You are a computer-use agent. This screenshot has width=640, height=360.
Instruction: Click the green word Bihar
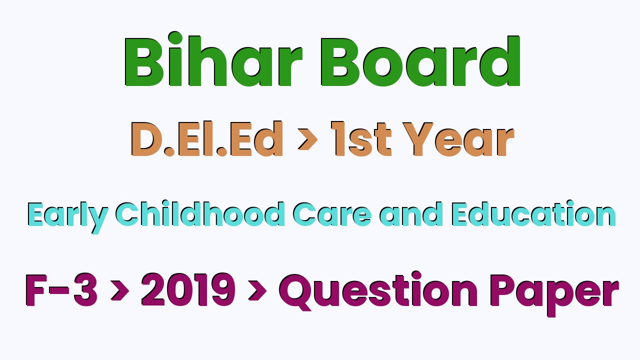pyautogui.click(x=213, y=59)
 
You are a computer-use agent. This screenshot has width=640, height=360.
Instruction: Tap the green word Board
pyautogui.click(x=420, y=61)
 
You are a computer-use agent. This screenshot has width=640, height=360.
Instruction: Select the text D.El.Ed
pyautogui.click(x=207, y=139)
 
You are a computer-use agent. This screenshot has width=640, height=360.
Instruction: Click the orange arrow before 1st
pyautogui.click(x=307, y=139)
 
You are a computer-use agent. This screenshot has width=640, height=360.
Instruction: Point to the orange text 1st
pyautogui.click(x=361, y=139)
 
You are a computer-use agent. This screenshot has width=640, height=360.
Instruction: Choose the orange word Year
pyautogui.click(x=458, y=139)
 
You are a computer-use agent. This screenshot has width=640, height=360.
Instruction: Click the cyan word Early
pyautogui.click(x=68, y=217)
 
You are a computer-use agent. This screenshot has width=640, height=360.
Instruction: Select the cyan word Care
pyautogui.click(x=332, y=214)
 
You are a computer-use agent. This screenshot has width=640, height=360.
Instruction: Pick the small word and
pyautogui.click(x=411, y=214)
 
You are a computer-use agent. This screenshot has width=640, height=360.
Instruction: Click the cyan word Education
pyautogui.click(x=533, y=213)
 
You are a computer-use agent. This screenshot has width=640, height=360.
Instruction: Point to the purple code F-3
pyautogui.click(x=61, y=289)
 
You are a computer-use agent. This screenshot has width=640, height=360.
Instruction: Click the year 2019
pyautogui.click(x=188, y=289)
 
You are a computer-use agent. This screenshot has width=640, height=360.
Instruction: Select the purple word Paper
pyautogui.click(x=554, y=294)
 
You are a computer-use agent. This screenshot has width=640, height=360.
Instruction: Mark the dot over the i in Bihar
pyautogui.click(x=175, y=38)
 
